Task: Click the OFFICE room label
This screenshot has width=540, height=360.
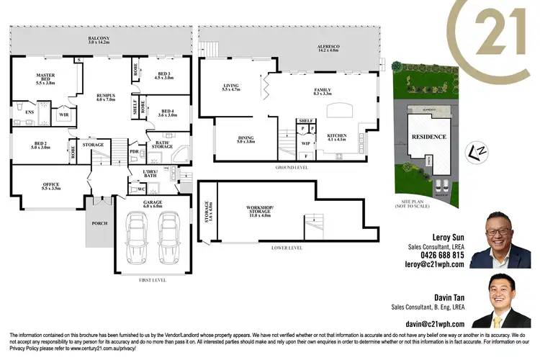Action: [x=50, y=186]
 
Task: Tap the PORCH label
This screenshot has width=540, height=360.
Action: [x=99, y=223]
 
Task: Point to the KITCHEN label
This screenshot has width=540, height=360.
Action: [x=337, y=137]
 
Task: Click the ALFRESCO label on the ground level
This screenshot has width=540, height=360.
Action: [x=329, y=48]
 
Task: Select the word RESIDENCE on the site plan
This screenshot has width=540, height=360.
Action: [x=429, y=137]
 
